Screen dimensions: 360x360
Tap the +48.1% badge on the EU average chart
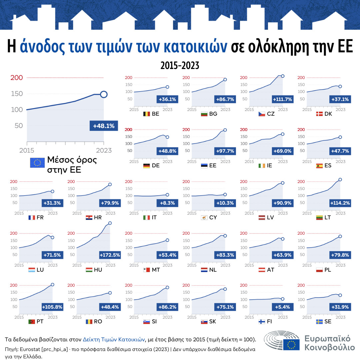point(104,126)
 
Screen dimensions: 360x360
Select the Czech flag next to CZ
point(262,114)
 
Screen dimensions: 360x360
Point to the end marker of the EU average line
point(104,94)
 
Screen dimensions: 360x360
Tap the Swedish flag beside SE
point(319,322)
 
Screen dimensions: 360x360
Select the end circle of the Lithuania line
point(340,180)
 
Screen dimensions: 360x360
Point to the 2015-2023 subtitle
point(180,65)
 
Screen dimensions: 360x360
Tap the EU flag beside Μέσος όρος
point(37,163)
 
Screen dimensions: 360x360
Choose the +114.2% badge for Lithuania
point(340,203)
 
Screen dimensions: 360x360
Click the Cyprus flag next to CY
point(204,218)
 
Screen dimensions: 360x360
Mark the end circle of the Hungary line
point(110,223)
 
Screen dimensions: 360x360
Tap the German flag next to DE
point(146,166)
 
